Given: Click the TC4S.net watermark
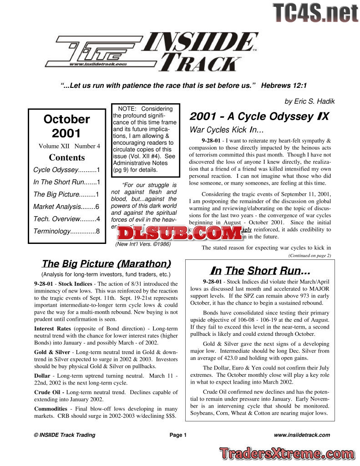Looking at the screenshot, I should (315, 13).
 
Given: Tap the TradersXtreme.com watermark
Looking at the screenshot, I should (286, 453).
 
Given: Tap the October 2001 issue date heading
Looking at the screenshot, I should (66, 126).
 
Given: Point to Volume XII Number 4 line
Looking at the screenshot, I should (70, 146).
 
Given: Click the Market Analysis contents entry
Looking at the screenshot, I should (66, 206).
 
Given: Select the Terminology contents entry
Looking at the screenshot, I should (66, 231).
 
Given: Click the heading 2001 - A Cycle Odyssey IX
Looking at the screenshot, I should (259, 116).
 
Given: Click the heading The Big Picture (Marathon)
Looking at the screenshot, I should (106, 263).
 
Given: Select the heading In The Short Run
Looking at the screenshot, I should (258, 271).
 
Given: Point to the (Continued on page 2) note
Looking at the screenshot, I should (309, 256).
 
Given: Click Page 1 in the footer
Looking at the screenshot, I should (178, 435).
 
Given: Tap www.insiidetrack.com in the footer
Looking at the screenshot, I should (302, 435).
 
